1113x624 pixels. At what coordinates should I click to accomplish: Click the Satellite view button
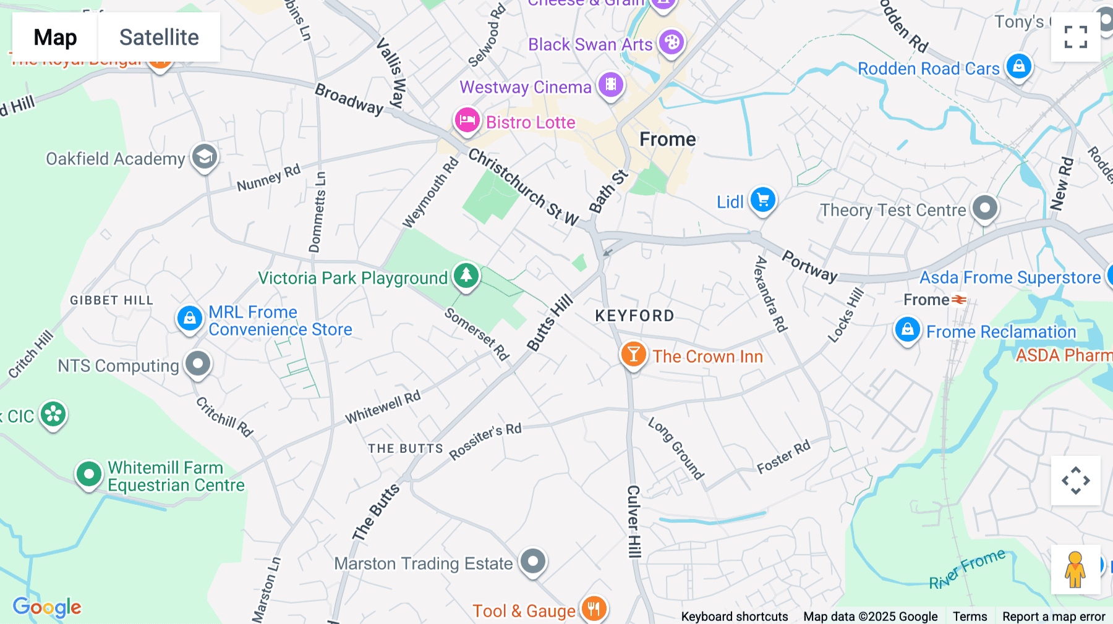[x=159, y=38]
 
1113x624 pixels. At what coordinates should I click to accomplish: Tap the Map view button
[x=55, y=38]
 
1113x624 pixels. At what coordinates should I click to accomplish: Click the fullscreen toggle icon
[x=1075, y=37]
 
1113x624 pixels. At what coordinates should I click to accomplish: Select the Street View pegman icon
[x=1075, y=570]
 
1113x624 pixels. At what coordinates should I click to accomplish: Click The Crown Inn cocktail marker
[x=633, y=355]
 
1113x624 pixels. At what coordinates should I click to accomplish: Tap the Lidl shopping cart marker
[x=762, y=200]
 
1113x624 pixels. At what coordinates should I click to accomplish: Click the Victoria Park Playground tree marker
[x=466, y=276]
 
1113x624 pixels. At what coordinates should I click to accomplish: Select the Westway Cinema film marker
[x=611, y=85]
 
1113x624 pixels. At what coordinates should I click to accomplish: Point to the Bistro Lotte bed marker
[x=467, y=120]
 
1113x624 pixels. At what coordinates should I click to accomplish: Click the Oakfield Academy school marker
[x=205, y=158]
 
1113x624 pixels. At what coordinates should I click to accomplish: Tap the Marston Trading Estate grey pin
[x=533, y=561]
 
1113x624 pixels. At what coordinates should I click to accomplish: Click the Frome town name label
[x=667, y=139]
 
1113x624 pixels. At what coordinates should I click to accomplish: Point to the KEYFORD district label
[x=634, y=316]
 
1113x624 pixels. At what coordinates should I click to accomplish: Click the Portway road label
[x=809, y=266]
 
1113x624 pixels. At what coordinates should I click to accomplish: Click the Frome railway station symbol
[x=959, y=300]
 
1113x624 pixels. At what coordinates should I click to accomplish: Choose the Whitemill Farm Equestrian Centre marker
[x=88, y=474]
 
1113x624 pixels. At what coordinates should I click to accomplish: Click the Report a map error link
[x=1054, y=616]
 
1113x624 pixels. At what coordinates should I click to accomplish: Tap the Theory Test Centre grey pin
[x=984, y=208]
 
